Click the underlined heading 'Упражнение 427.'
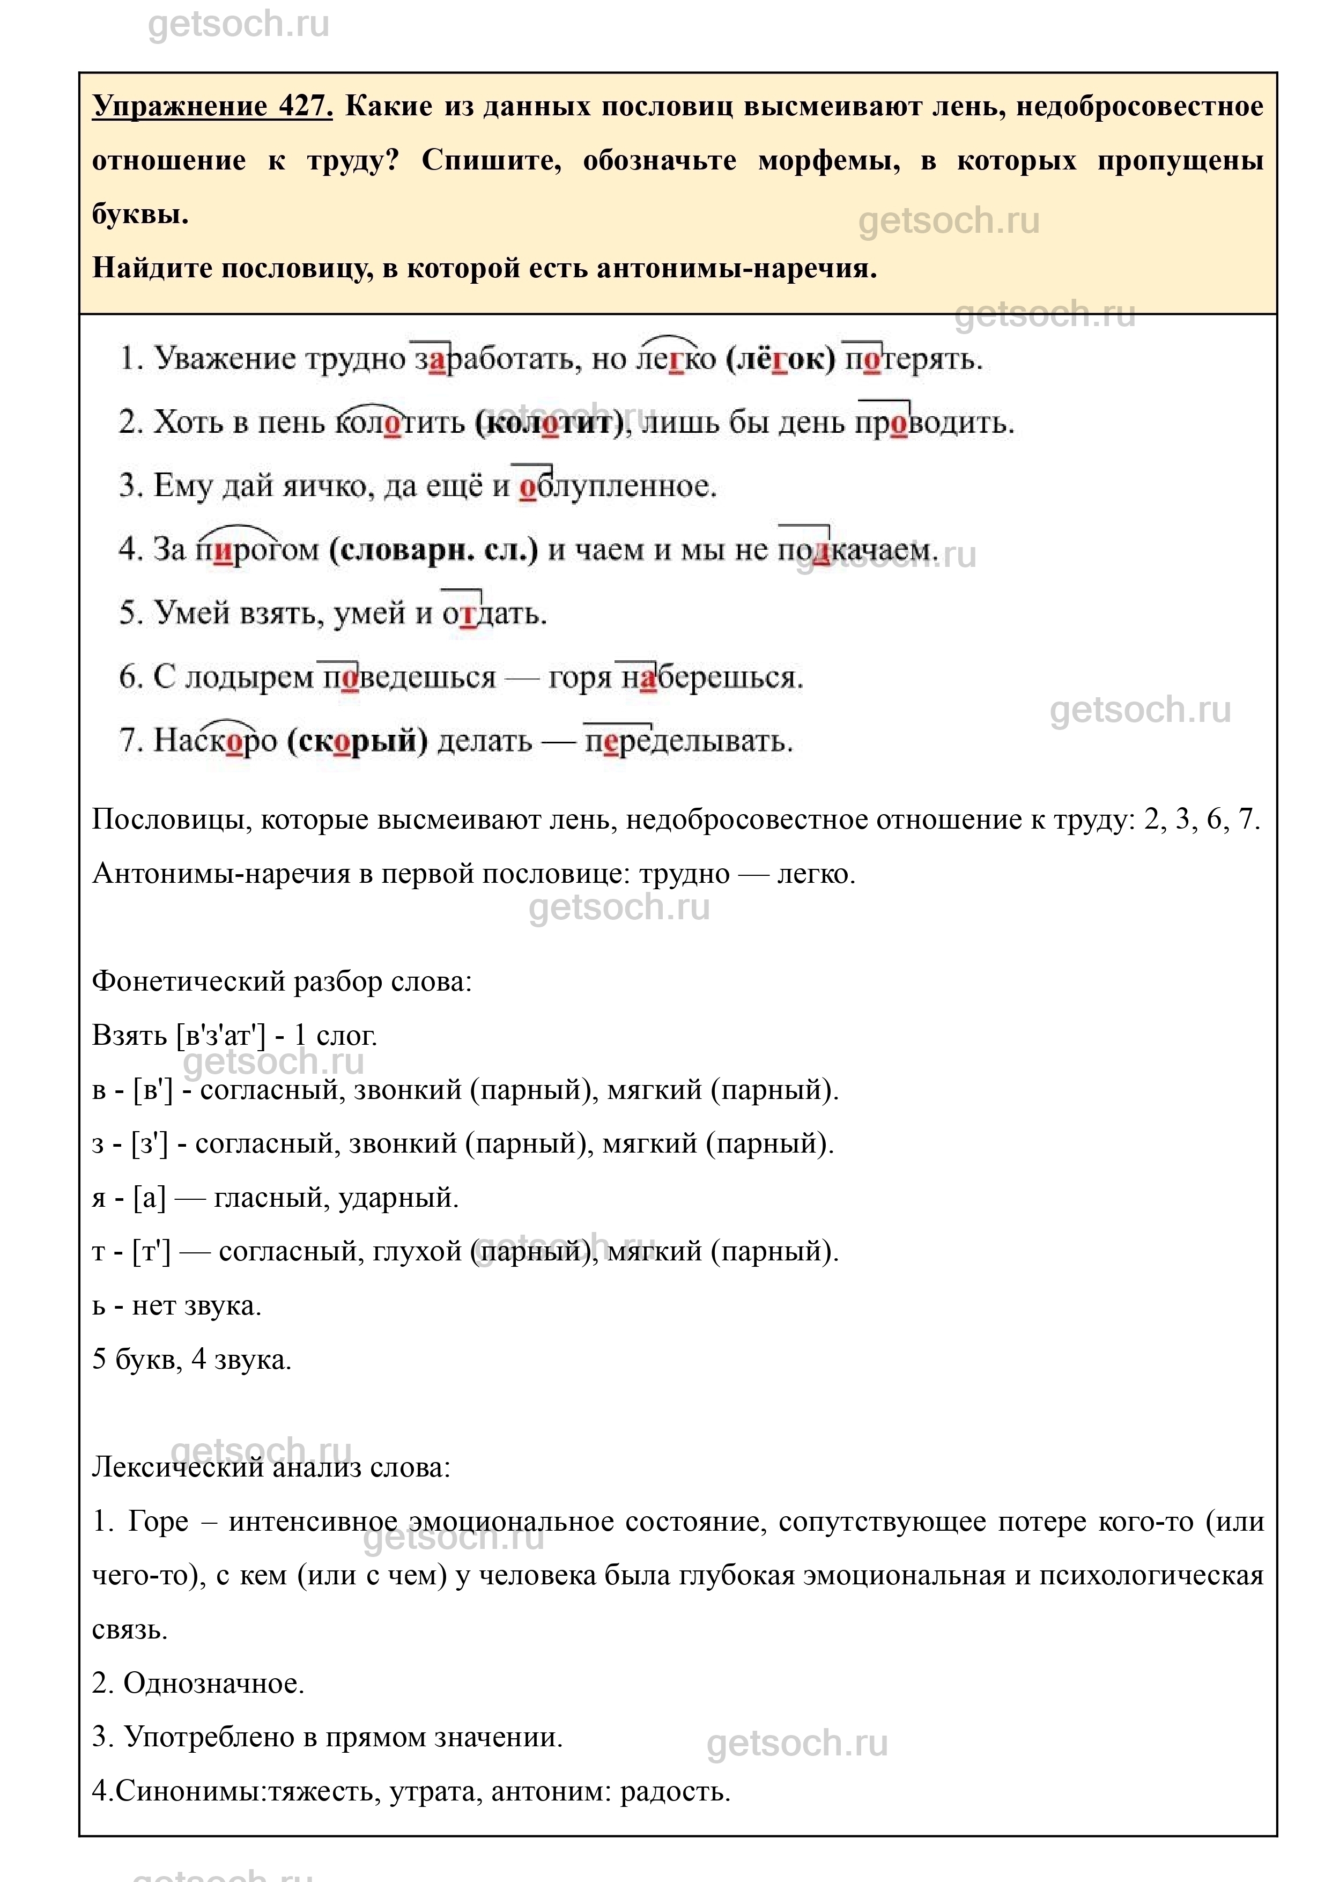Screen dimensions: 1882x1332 pos(212,107)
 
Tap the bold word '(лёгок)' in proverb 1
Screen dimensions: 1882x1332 pos(780,359)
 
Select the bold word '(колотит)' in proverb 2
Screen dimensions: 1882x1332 pos(550,423)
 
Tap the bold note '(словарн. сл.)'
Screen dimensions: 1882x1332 pos(433,550)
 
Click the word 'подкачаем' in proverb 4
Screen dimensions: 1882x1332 pos(856,550)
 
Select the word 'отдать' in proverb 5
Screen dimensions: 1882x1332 pos(494,613)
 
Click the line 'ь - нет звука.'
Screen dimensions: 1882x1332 pos(176,1305)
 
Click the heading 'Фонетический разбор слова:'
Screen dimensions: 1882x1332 pos(282,981)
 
